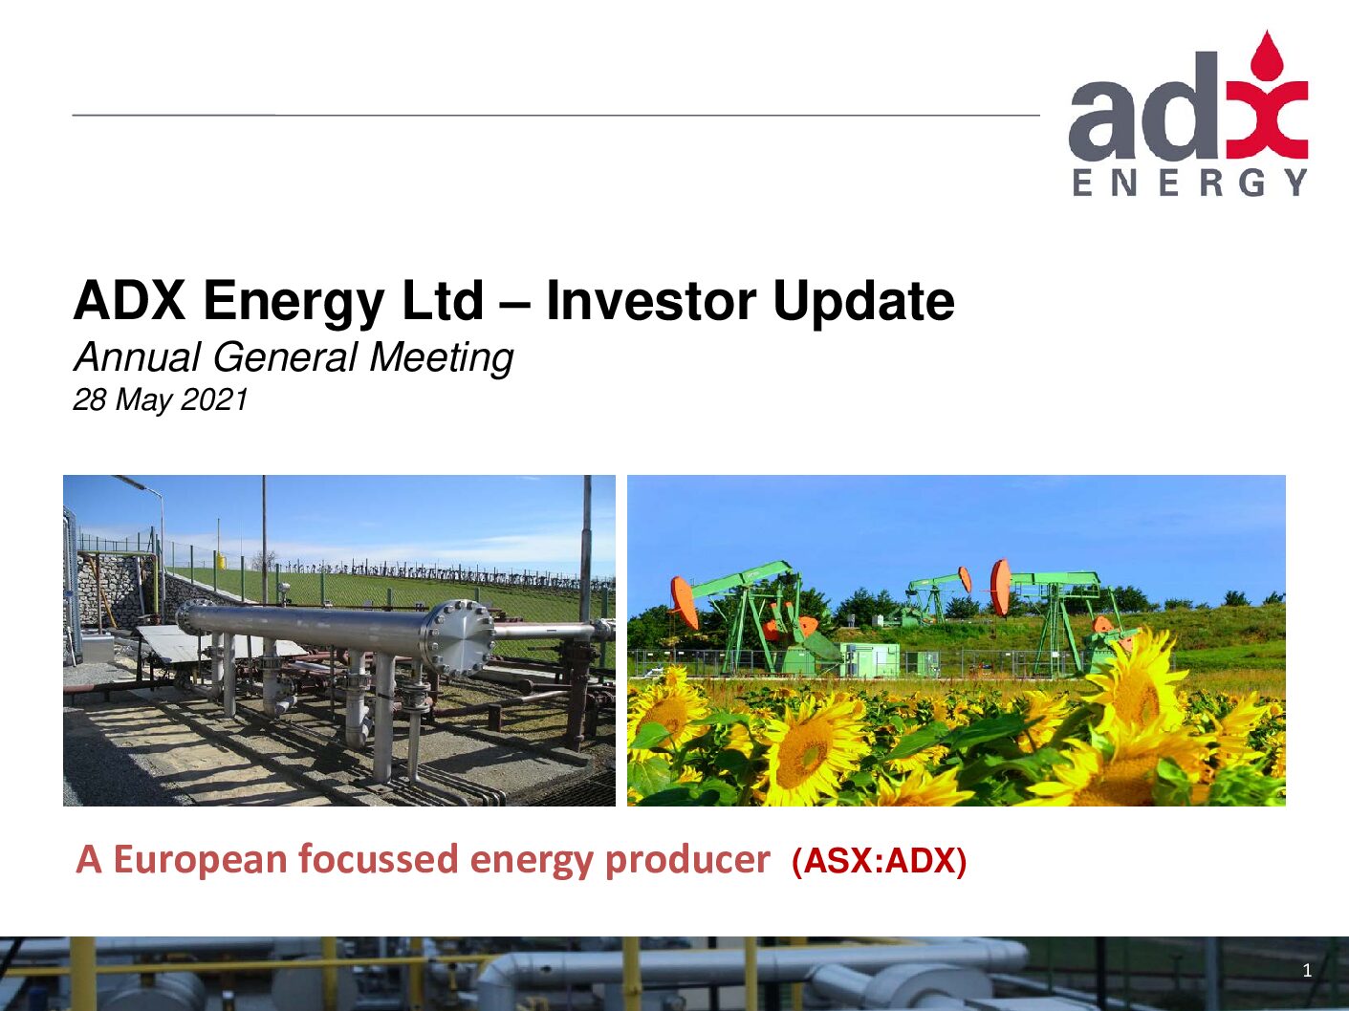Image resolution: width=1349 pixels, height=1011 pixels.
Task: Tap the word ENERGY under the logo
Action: coord(1190,183)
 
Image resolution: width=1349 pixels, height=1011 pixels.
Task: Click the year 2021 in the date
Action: coord(214,399)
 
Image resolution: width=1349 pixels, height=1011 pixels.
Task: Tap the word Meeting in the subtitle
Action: coord(442,357)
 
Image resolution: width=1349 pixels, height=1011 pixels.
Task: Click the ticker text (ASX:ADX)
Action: coord(880,861)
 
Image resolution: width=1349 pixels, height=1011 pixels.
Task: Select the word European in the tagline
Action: coord(201,859)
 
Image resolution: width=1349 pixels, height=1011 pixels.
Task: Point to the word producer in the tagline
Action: coord(687,860)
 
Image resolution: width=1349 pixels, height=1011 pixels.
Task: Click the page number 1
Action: coord(1307,971)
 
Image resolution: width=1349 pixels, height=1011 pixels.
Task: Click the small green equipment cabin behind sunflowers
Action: coord(869,659)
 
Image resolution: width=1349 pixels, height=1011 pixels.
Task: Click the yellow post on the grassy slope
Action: coord(219,562)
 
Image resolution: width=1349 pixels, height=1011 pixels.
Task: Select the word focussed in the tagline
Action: coord(379,859)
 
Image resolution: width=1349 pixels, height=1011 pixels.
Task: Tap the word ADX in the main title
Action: coord(130,301)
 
